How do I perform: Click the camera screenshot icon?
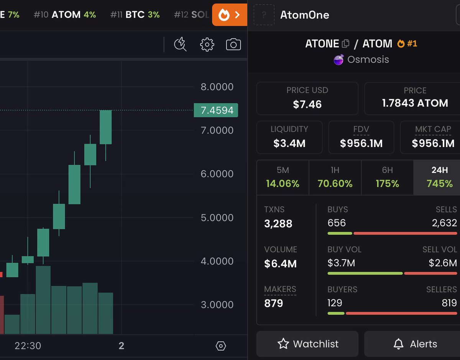[233, 44]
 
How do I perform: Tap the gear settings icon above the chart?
[207, 44]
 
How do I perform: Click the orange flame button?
[229, 15]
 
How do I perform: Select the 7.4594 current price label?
[216, 110]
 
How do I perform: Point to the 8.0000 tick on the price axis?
[217, 87]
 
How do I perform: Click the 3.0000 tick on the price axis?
[217, 305]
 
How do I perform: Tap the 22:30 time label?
[28, 346]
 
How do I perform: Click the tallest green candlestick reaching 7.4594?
[105, 127]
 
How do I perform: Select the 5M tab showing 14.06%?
[283, 177]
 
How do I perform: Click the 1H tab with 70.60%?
[335, 177]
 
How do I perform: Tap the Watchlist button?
[307, 344]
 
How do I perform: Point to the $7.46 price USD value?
[307, 104]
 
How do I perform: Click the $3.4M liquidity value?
[289, 144]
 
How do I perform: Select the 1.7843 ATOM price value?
[415, 103]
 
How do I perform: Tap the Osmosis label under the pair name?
[368, 60]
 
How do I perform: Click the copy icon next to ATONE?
[345, 44]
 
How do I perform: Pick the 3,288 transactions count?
[278, 224]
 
